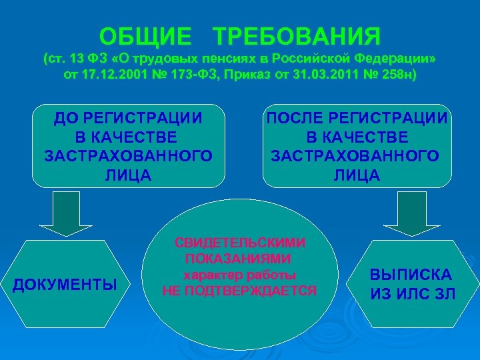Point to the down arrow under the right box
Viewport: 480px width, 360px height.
tap(416, 216)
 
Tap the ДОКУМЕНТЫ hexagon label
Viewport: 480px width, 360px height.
tap(65, 285)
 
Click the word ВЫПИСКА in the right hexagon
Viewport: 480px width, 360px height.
tap(411, 275)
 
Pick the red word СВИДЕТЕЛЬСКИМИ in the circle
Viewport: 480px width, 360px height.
tap(241, 243)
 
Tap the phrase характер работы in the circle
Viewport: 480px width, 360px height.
tap(240, 275)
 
